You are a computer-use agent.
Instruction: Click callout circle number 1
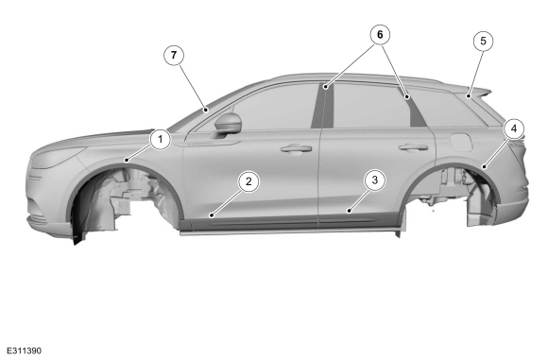tap(161, 140)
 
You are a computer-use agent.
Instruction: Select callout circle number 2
tap(248, 181)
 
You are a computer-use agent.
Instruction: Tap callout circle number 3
tap(375, 180)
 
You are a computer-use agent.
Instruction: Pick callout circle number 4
tap(514, 129)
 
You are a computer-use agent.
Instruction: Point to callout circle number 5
tap(484, 41)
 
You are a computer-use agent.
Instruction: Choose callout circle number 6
tap(380, 35)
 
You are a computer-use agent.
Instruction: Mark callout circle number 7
tap(174, 55)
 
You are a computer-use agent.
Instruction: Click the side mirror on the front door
tap(228, 123)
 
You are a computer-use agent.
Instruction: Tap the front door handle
tap(296, 149)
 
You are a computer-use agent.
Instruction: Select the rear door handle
tap(413, 147)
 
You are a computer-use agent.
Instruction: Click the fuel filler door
tap(461, 141)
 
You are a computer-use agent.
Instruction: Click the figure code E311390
tap(24, 351)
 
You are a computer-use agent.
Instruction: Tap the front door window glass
tap(276, 107)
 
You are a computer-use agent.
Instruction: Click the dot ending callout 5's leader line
tap(469, 95)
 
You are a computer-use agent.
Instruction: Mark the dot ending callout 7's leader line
tap(206, 111)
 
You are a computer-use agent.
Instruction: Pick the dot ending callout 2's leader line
tap(212, 215)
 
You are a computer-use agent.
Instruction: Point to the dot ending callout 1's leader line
tap(127, 161)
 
